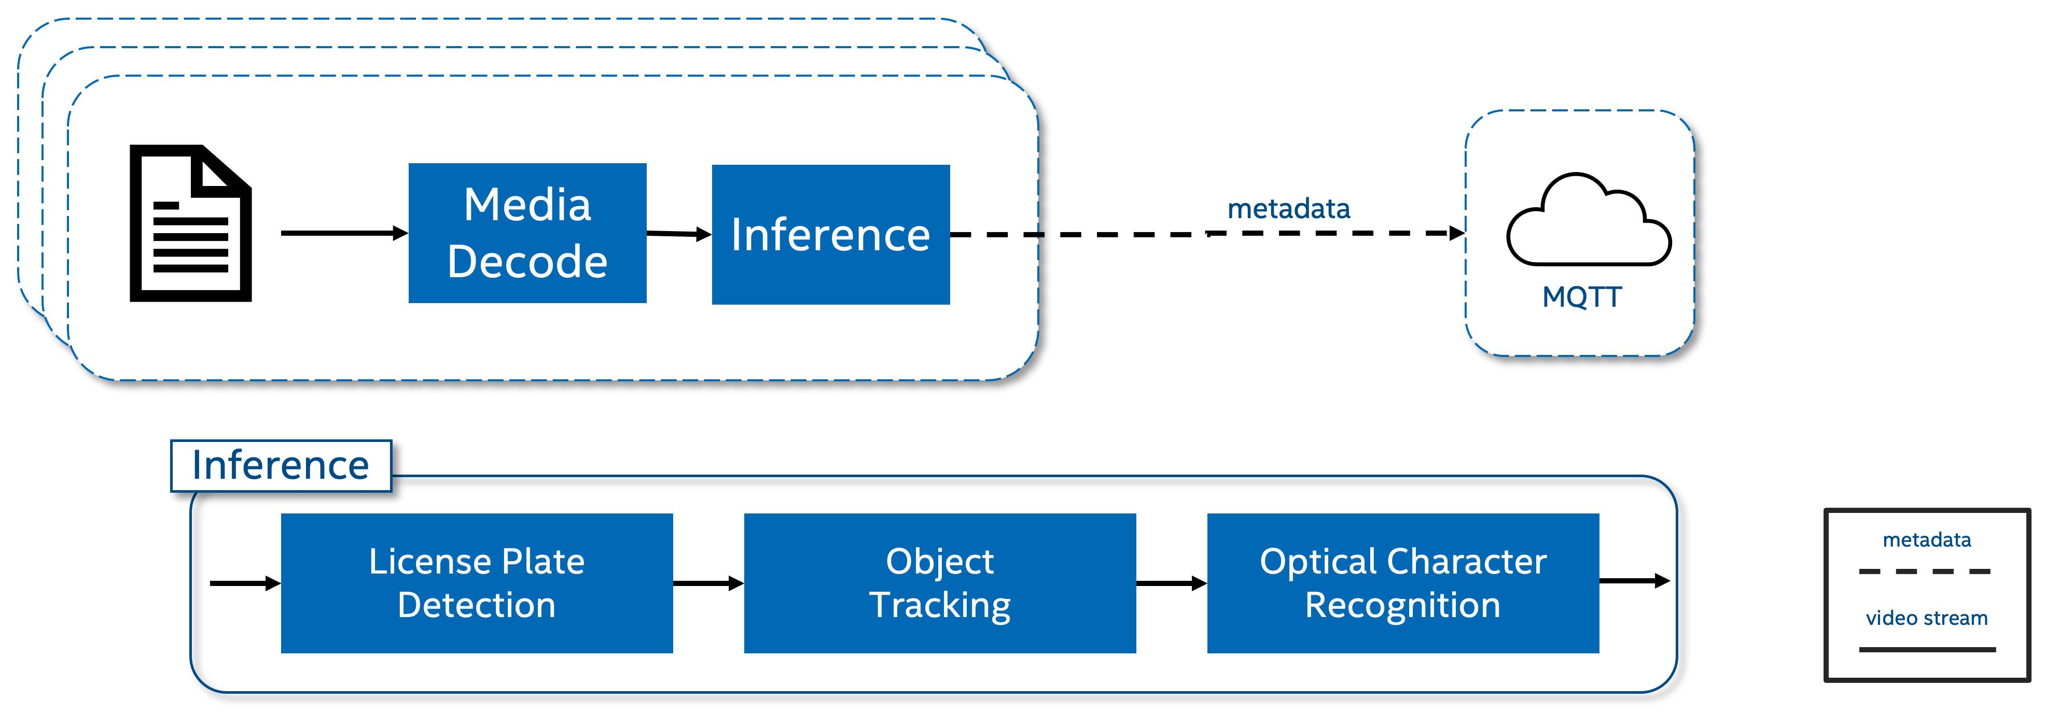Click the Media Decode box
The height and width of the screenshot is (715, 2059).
(527, 233)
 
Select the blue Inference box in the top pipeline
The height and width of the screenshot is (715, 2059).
(830, 234)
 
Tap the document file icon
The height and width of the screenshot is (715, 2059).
(191, 224)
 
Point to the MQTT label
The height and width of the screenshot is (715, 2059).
(1581, 296)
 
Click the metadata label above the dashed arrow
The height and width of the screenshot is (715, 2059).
(1288, 208)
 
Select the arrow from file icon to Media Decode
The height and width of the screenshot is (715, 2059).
(344, 233)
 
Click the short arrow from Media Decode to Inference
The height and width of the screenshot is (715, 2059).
(678, 233)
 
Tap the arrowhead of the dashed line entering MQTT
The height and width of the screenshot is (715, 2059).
(1457, 233)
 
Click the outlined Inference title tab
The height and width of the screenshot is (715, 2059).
(281, 465)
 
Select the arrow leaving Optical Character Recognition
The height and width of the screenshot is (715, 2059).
(1634, 581)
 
